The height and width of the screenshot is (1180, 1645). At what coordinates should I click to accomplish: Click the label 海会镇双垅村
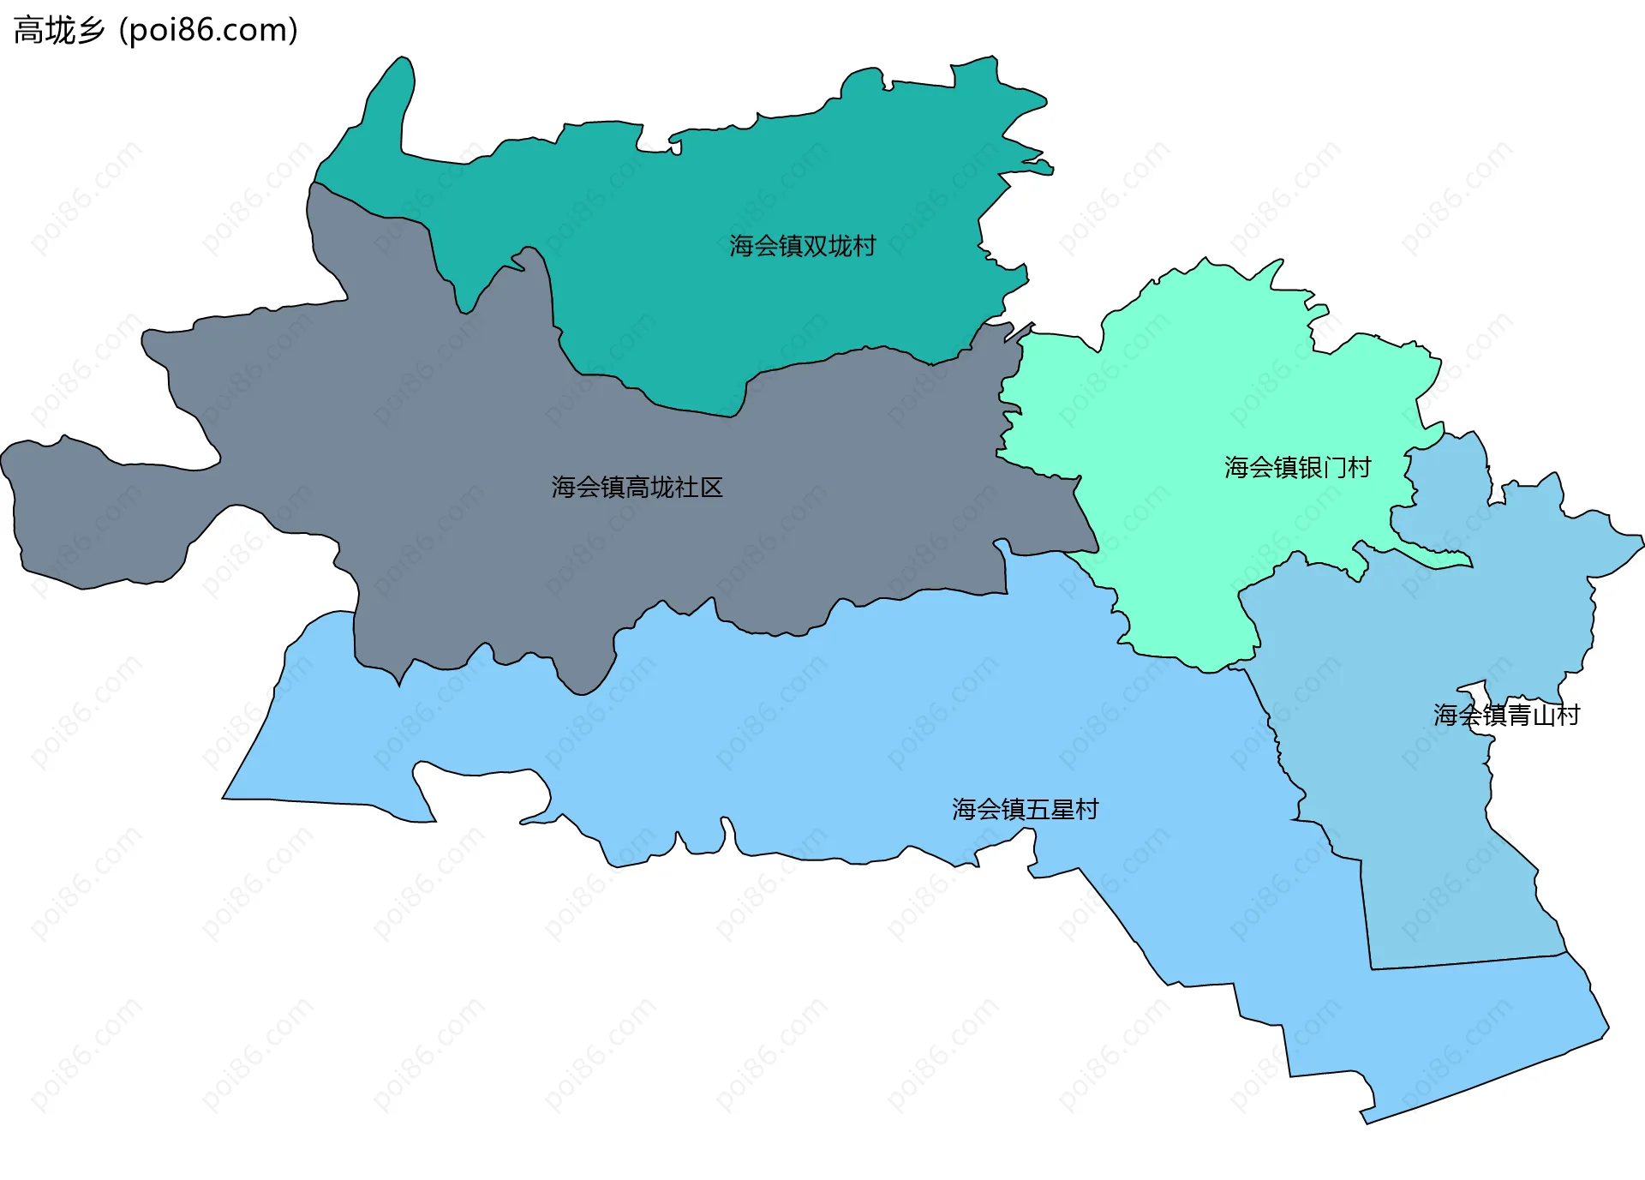(803, 247)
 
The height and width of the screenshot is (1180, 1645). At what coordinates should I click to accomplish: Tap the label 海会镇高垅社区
(637, 488)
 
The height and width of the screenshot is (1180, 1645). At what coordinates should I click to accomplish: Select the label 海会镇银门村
(1297, 468)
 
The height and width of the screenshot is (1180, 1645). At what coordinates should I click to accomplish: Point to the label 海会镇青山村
(1506, 716)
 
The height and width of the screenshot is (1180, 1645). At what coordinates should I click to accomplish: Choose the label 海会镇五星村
(1025, 810)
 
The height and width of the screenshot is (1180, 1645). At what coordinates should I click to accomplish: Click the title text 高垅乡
(59, 31)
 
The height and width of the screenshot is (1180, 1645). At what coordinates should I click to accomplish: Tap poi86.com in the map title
(208, 31)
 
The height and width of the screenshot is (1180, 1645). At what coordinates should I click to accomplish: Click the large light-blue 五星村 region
(857, 728)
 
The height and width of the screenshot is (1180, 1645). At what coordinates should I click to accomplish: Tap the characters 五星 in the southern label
(1050, 810)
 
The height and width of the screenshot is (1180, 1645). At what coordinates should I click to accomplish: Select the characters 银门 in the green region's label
(1323, 468)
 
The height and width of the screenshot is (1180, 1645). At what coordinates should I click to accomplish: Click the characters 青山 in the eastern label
(1532, 716)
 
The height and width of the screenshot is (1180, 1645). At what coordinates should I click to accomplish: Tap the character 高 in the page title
(28, 31)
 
